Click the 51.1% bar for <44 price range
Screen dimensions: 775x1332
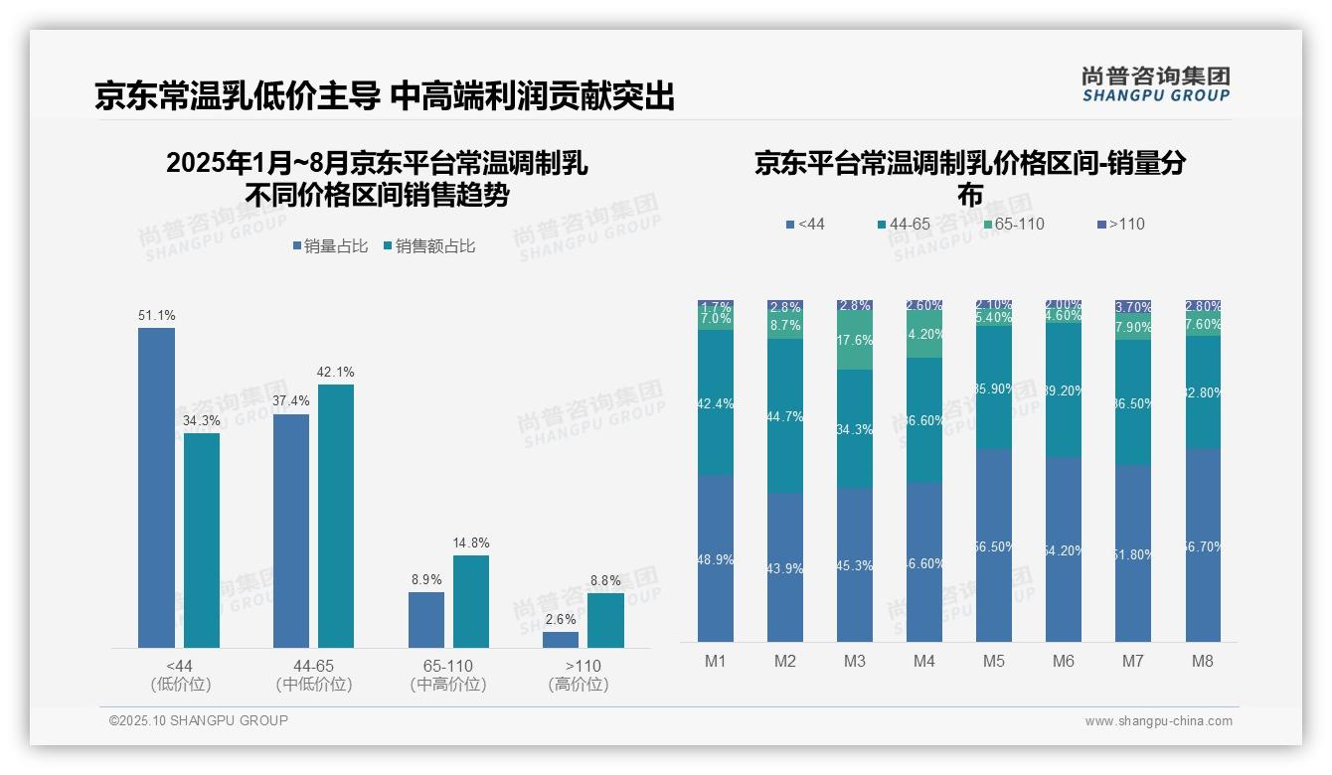click(156, 487)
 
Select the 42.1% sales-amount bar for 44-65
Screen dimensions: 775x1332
click(336, 516)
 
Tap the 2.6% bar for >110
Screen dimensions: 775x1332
click(561, 640)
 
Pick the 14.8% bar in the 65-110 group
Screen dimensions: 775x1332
click(471, 601)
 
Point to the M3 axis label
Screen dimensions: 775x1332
click(855, 661)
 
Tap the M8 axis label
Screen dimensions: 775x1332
click(1203, 661)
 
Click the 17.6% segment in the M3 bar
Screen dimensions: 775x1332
click(855, 341)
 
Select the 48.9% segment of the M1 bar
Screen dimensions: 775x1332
click(716, 558)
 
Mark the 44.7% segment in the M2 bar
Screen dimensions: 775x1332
click(785, 415)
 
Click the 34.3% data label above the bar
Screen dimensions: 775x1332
click(201, 421)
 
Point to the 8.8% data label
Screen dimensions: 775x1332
click(605, 581)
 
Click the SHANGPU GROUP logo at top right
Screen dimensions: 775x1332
click(1155, 84)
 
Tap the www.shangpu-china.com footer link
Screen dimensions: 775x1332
click(1158, 721)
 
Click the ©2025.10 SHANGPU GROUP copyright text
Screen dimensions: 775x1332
click(199, 720)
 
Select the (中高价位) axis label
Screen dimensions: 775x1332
click(447, 685)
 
